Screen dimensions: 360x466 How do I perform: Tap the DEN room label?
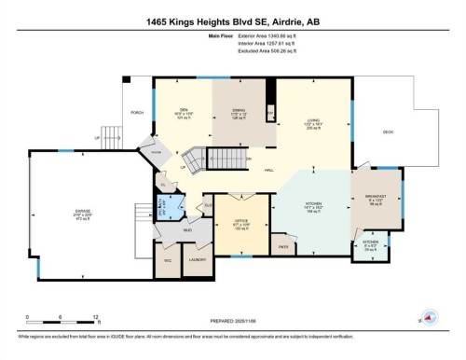(184, 111)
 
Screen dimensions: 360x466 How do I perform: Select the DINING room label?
(239, 111)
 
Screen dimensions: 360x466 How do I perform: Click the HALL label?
(267, 170)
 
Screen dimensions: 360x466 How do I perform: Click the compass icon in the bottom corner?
(431, 318)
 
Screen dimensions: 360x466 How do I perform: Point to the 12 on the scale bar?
(95, 317)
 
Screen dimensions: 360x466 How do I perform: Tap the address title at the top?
(232, 21)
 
